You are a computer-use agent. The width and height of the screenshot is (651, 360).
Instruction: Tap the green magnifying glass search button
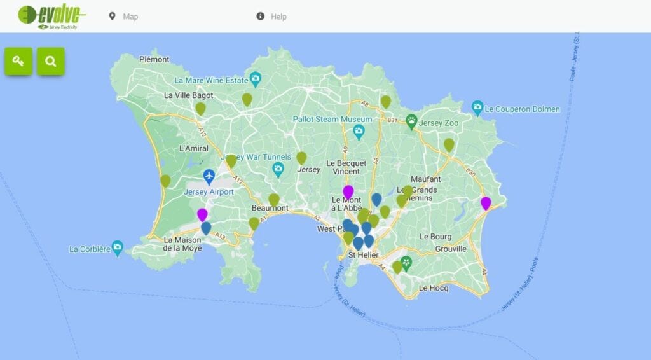pos(51,62)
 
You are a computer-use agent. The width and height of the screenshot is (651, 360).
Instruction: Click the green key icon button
pos(19,62)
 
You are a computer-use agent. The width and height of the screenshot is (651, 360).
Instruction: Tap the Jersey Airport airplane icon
pos(209,175)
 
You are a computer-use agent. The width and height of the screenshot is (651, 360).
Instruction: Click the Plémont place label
pos(154,59)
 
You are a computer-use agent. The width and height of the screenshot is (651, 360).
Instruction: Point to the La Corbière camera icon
pos(117,247)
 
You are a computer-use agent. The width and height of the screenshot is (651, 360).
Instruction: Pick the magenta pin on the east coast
pos(486,203)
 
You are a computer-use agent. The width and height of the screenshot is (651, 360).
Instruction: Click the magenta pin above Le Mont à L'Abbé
pos(348,191)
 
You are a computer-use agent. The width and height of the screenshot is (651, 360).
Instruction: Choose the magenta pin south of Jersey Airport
pos(202,214)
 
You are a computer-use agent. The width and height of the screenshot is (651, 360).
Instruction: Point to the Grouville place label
pos(451,249)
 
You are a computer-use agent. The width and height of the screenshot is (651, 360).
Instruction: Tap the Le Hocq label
pos(434,288)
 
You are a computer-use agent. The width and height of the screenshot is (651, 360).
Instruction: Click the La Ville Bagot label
pos(189,95)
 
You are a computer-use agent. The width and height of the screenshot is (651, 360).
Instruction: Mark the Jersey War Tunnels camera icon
pos(278,169)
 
